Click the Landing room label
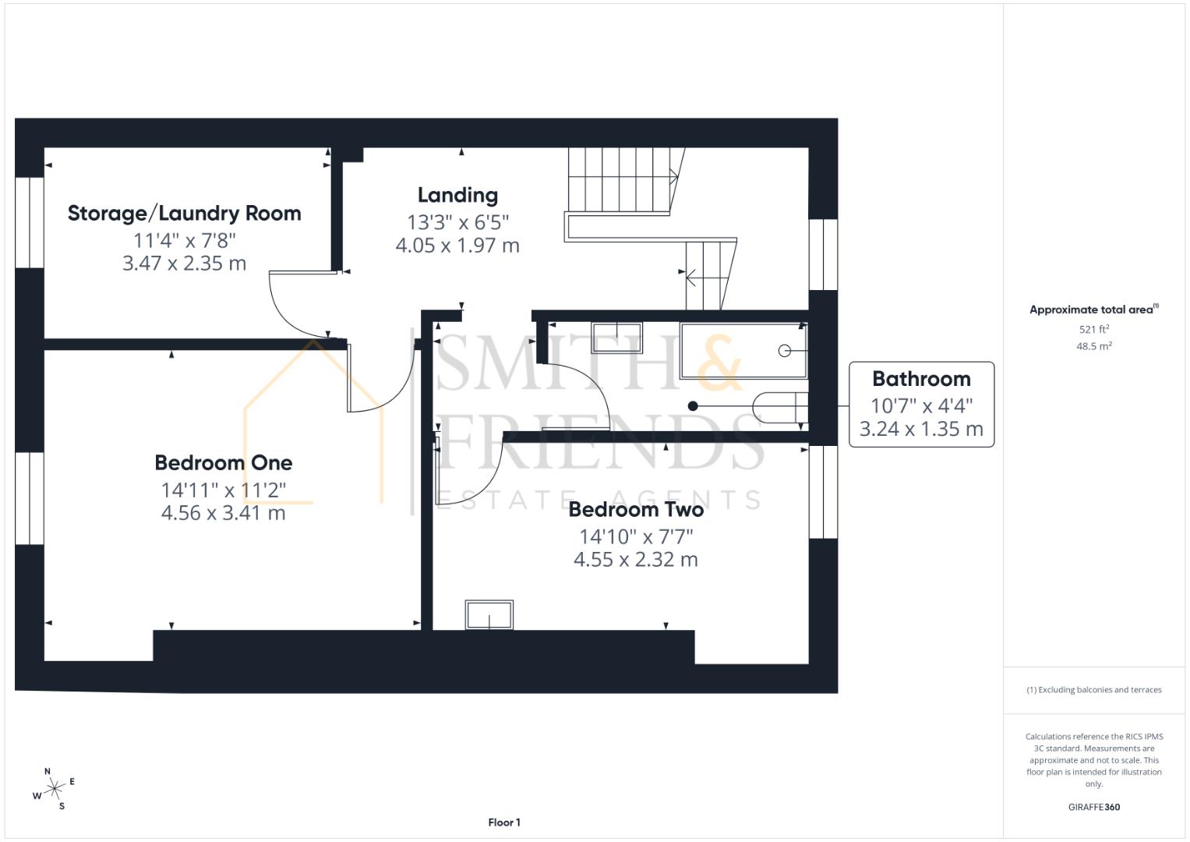point(457,196)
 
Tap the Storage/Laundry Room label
point(185,214)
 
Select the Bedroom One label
point(224,463)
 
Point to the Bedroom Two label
point(636,510)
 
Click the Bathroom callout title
point(921,379)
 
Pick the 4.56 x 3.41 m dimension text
point(223,513)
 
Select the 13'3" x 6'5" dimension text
point(457,222)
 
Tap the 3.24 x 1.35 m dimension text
point(921,429)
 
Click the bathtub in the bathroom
point(743,351)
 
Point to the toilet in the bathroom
point(780,407)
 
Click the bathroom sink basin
point(616,338)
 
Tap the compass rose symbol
point(54,789)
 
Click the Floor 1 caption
point(504,823)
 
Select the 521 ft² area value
point(1094,329)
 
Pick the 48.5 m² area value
point(1094,346)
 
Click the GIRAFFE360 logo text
point(1094,807)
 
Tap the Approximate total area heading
point(1094,310)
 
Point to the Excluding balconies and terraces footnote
point(1094,690)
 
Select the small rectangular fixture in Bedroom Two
point(489,615)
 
